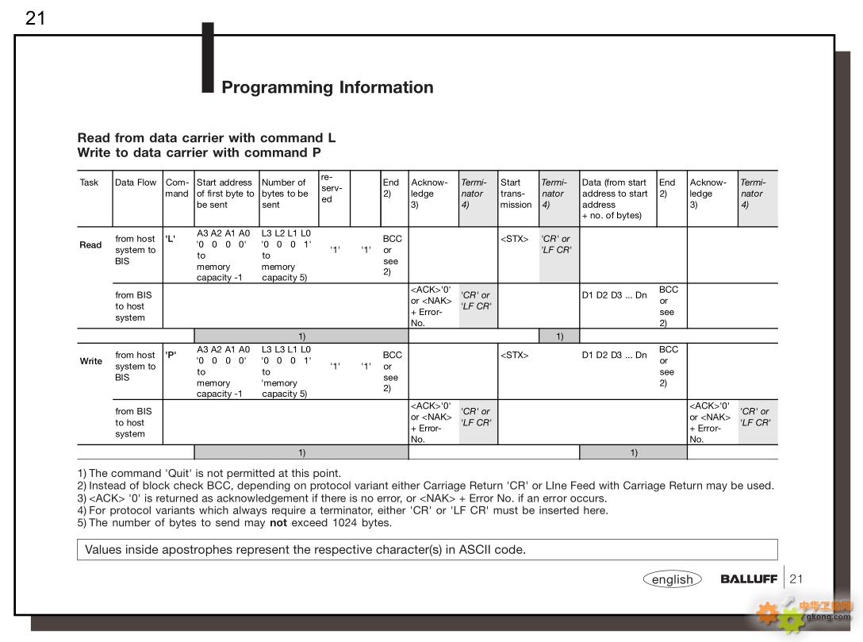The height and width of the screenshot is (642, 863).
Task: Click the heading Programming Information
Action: pos(327,87)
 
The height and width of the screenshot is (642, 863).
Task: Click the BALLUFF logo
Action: pos(748,579)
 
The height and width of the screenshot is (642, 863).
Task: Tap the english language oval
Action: pos(673,579)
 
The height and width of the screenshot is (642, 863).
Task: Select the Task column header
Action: pos(90,183)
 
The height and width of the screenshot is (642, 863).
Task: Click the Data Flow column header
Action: pos(136,183)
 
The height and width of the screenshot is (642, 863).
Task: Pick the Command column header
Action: pos(177,188)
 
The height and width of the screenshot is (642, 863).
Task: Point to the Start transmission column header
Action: pos(516,194)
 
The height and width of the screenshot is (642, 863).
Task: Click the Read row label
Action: pos(90,245)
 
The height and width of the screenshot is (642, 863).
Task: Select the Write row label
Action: pos(91,361)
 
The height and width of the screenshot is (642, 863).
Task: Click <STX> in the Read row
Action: pos(514,239)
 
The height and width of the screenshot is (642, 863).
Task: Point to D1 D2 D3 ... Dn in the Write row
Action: pos(614,356)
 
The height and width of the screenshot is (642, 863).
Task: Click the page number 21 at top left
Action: pos(35,18)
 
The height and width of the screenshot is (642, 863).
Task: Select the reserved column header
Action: pos(332,187)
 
